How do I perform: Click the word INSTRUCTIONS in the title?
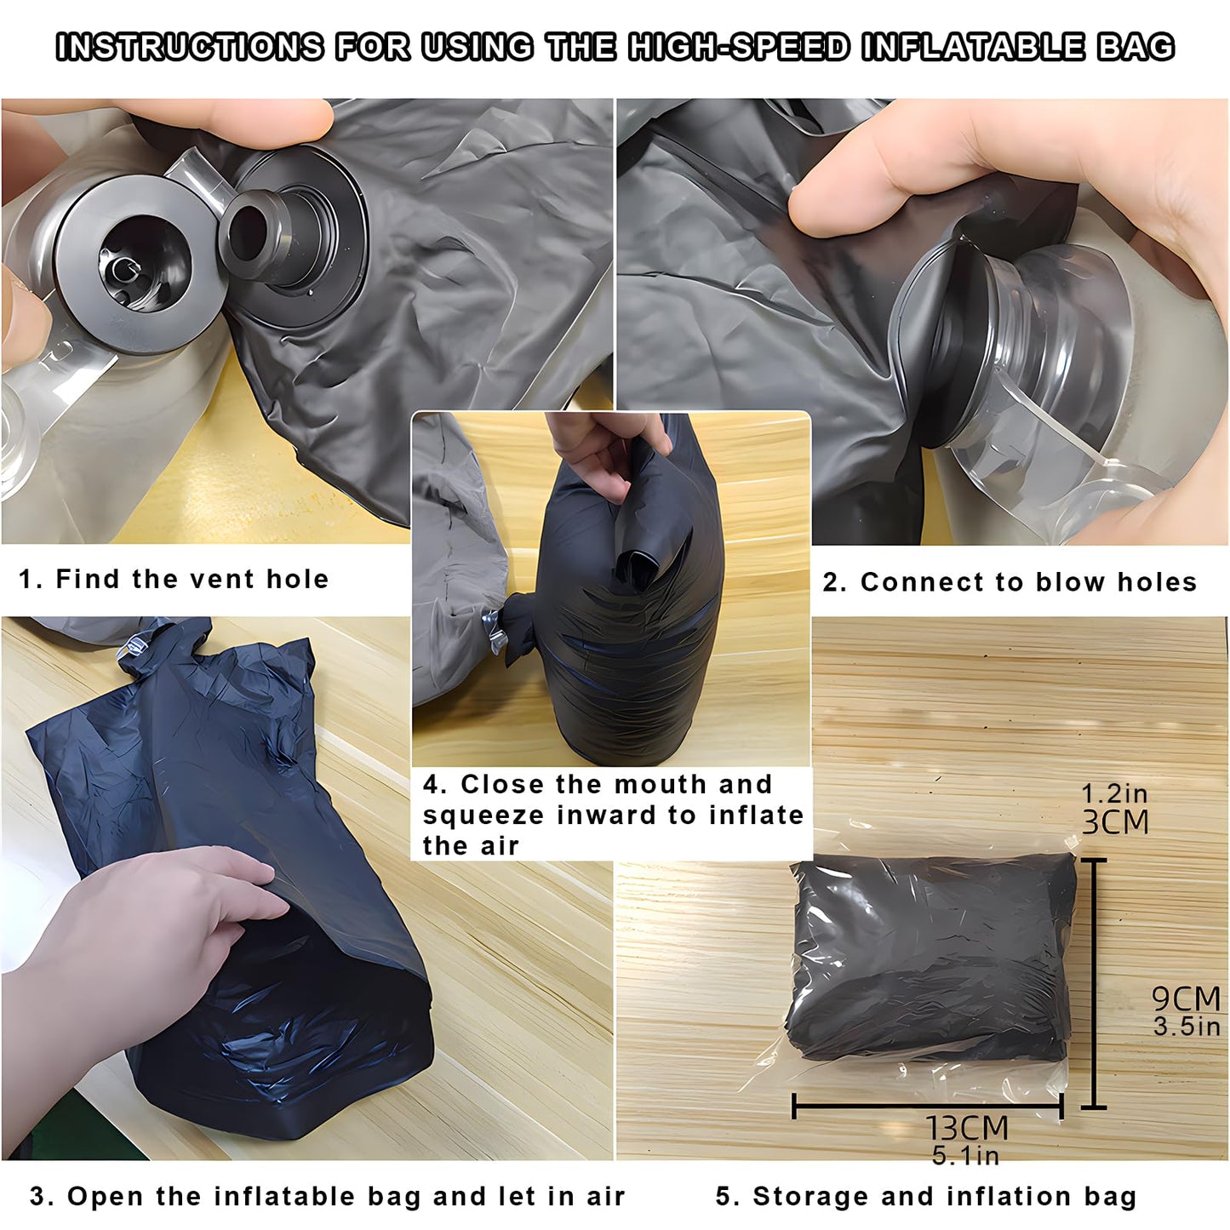[x=190, y=47]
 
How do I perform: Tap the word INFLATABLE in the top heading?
[x=972, y=47]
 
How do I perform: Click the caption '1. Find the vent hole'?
[x=174, y=579]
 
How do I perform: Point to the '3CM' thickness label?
[x=1115, y=822]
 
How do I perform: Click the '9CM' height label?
[x=1186, y=998]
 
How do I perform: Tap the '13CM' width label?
[x=967, y=1128]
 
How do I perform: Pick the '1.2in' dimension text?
[x=1114, y=793]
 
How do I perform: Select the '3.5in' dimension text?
[x=1187, y=1027]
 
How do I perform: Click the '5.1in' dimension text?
[x=965, y=1155]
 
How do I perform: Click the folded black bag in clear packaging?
[x=932, y=958]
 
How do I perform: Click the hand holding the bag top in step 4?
[x=600, y=451]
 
